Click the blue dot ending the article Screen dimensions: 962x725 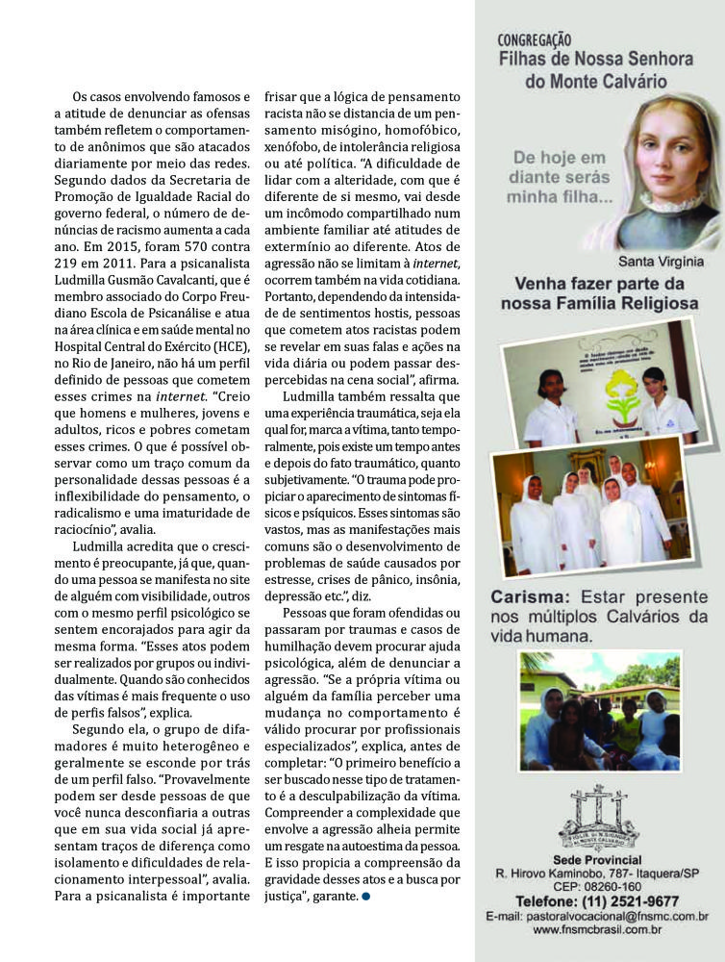click(x=365, y=898)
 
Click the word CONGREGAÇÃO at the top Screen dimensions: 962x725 click(x=535, y=40)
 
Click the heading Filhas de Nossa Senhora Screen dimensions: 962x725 click(x=596, y=60)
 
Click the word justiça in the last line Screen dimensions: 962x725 click(x=298, y=897)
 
